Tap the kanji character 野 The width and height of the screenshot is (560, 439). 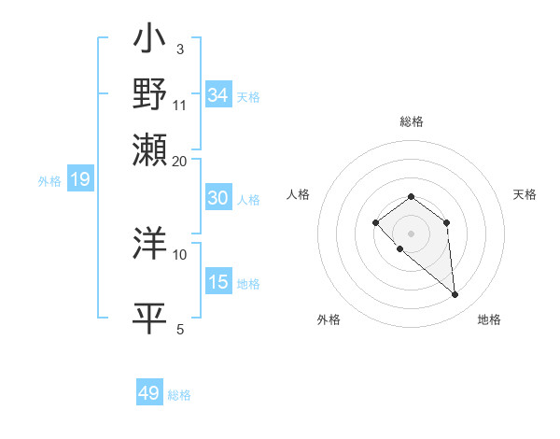click(x=149, y=94)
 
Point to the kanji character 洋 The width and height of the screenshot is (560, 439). click(x=149, y=243)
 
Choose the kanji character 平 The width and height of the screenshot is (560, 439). click(x=149, y=318)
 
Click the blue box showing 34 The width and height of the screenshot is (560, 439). click(x=218, y=95)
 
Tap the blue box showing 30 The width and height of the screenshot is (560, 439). click(x=218, y=198)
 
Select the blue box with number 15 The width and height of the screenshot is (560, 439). click(x=218, y=282)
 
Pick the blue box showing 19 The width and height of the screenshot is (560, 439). click(x=80, y=179)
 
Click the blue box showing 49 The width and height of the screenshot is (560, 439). click(x=149, y=393)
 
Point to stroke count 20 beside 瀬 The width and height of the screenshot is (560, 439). click(x=179, y=161)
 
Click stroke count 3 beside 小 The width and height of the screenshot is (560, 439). click(x=179, y=49)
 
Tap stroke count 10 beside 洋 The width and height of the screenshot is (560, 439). click(x=179, y=254)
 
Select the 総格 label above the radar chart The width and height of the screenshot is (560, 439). click(x=412, y=121)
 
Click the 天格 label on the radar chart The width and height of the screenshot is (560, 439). click(x=525, y=194)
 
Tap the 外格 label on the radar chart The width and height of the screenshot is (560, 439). click(x=329, y=319)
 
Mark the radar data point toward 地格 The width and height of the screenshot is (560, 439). click(x=455, y=295)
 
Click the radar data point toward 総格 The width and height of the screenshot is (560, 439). click(x=412, y=196)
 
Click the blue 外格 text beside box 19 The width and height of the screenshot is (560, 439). click(x=49, y=181)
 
